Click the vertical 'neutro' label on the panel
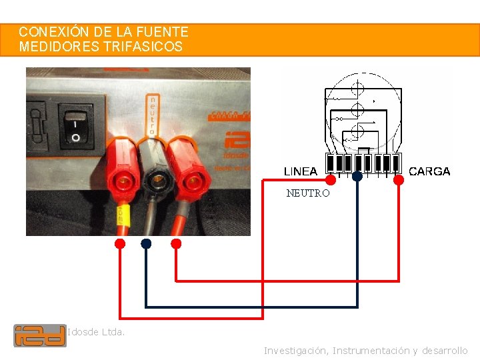pyautogui.click(x=153, y=115)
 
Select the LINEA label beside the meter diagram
pyautogui.click(x=301, y=171)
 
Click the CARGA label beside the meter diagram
pyautogui.click(x=429, y=171)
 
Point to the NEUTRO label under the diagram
pyautogui.click(x=308, y=193)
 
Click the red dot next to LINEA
pyautogui.click(x=330, y=179)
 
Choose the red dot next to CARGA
pyautogui.click(x=399, y=179)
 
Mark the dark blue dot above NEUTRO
pyautogui.click(x=357, y=177)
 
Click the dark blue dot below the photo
pyautogui.click(x=146, y=244)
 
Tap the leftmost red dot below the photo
pyautogui.click(x=120, y=243)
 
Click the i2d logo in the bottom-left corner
pyautogui.click(x=40, y=335)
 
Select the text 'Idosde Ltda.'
pyautogui.click(x=96, y=331)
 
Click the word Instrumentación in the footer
pyautogui.click(x=371, y=351)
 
